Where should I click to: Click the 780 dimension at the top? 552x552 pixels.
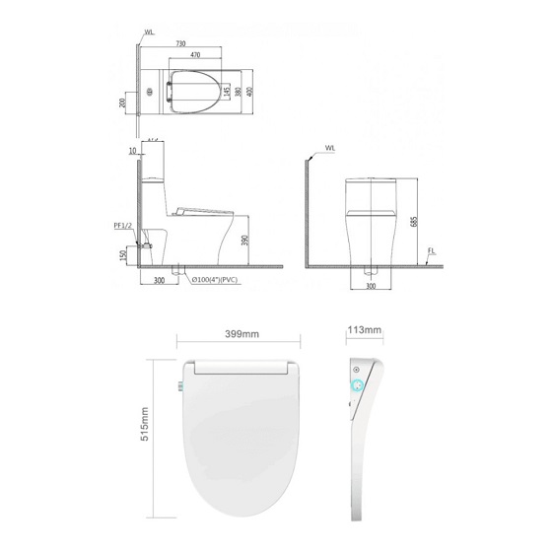click(180, 43)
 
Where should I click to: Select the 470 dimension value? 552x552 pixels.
click(195, 56)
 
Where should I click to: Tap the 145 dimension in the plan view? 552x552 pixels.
click(228, 93)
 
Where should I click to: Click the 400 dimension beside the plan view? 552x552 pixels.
click(249, 92)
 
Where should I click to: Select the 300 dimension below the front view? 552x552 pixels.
click(372, 285)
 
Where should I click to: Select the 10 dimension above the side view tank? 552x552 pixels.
click(132, 151)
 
